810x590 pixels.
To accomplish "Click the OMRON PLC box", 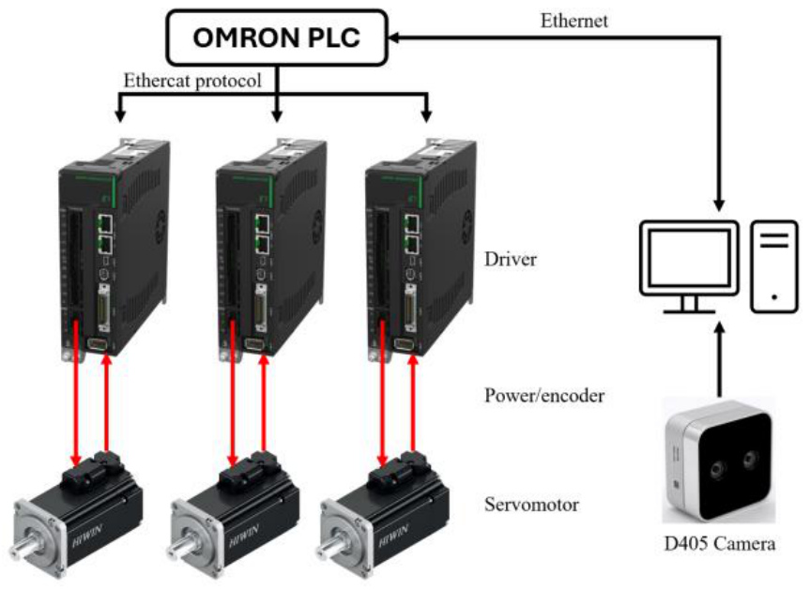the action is [x=277, y=38].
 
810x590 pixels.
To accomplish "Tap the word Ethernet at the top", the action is [x=573, y=22].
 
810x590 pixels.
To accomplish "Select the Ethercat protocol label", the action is [x=192, y=81].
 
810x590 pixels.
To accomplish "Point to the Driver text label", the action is [x=511, y=259].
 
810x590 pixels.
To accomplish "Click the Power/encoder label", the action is [x=544, y=396].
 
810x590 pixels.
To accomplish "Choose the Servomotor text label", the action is [x=531, y=505].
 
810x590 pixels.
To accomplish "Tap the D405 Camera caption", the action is [x=719, y=543].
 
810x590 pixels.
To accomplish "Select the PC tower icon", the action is [x=773, y=266].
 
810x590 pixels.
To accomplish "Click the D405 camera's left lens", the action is [x=717, y=470].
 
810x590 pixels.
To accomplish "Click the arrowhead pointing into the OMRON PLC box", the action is [x=393, y=38].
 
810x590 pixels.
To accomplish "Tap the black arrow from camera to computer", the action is [x=719, y=359].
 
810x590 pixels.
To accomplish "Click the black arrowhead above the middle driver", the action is [x=277, y=115].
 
